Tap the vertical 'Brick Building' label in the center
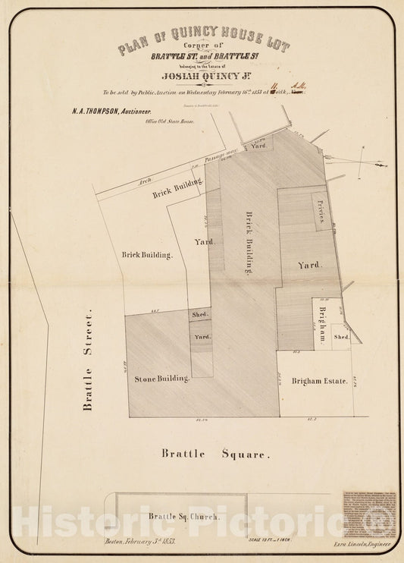(247, 241)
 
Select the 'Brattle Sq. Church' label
(183, 517)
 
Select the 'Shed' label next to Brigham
(342, 336)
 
